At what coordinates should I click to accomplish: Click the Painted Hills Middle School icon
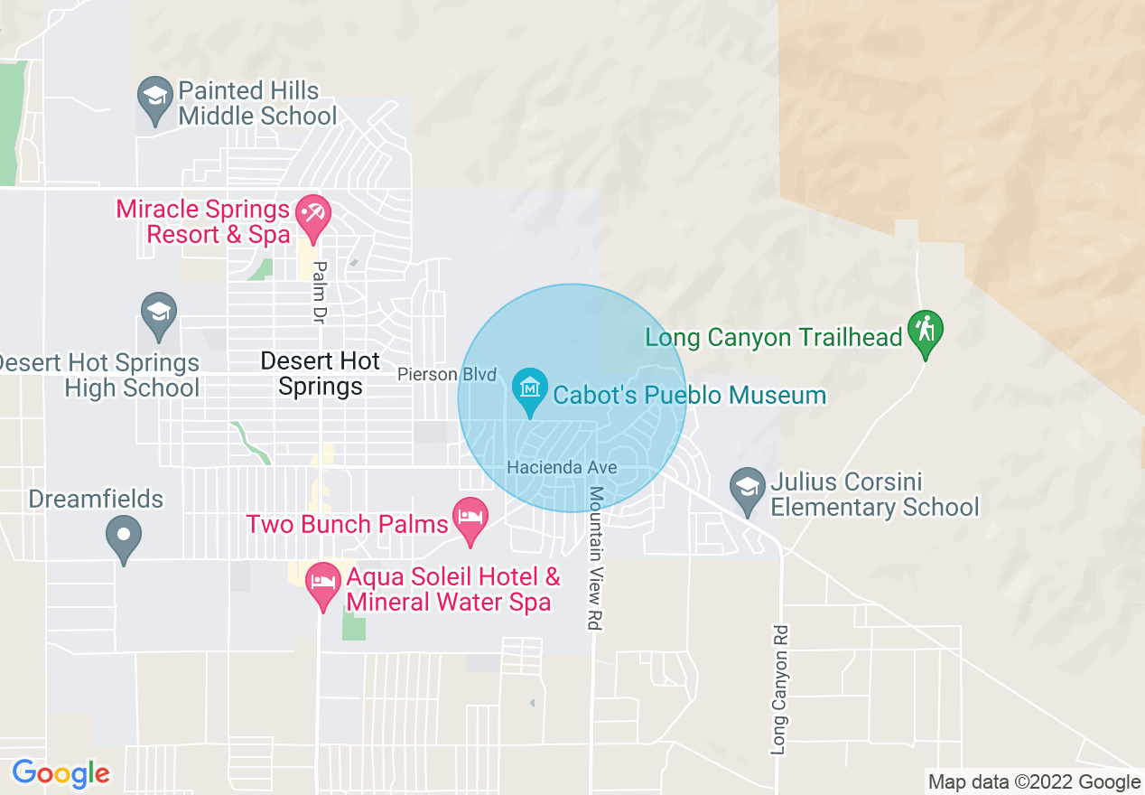154,96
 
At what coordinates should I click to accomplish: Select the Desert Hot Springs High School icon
159,312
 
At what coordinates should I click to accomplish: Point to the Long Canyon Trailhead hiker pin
925,332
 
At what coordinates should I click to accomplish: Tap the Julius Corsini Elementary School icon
747,488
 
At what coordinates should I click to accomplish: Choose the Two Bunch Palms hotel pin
470,519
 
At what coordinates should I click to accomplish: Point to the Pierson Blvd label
448,374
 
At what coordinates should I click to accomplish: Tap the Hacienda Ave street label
562,467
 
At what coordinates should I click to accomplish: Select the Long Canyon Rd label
780,689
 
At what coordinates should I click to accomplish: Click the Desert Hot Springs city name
321,374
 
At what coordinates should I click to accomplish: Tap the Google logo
61,773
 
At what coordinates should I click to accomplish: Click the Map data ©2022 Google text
1034,782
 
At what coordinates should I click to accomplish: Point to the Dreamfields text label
96,499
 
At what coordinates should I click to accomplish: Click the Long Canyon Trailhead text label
774,338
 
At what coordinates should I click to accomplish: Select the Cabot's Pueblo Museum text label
689,396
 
